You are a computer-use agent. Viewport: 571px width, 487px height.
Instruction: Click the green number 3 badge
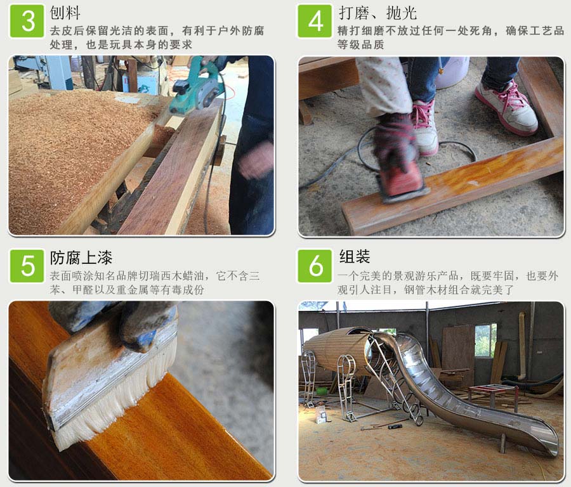coord(27,21)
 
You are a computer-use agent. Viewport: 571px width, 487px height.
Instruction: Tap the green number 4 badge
coord(315,21)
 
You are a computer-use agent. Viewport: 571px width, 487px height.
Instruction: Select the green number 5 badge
coord(27,266)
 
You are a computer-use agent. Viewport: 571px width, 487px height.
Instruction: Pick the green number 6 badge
coord(315,266)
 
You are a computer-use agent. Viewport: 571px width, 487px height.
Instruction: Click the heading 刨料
coord(65,13)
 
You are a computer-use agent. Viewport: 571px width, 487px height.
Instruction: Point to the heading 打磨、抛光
coord(377,13)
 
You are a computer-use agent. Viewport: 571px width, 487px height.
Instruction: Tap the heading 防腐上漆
coord(81,257)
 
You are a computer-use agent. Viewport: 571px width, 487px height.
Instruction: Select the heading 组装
coord(354,256)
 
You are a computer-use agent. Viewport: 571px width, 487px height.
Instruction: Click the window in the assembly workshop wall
coord(485,341)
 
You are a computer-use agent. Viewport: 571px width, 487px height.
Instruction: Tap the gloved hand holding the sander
coord(395,140)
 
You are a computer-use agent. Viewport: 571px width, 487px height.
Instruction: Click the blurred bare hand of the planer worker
coord(256,160)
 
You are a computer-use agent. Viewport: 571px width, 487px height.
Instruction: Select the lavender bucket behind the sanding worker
coord(452,73)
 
